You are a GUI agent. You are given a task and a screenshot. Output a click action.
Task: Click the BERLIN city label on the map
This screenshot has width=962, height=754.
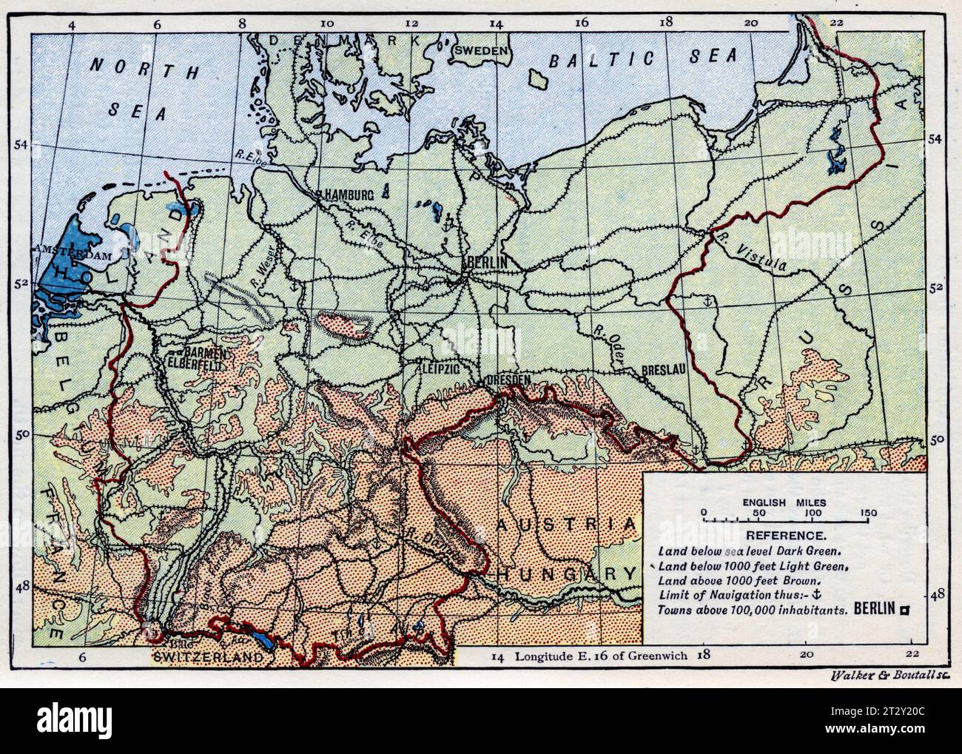pyautogui.click(x=486, y=263)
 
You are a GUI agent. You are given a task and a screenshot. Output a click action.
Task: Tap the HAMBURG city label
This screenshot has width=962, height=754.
pyautogui.click(x=346, y=195)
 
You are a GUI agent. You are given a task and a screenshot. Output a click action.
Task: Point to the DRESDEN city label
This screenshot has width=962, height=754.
pyautogui.click(x=508, y=380)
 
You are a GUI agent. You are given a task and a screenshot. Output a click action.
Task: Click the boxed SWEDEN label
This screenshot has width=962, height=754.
pyautogui.click(x=482, y=50)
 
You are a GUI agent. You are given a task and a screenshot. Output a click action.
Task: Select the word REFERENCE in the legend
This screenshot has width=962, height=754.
pyautogui.click(x=785, y=535)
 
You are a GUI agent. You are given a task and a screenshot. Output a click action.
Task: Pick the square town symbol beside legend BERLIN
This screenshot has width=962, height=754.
pyautogui.click(x=904, y=610)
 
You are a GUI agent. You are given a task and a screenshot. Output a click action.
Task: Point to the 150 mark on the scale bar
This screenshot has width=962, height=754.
pyautogui.click(x=868, y=514)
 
